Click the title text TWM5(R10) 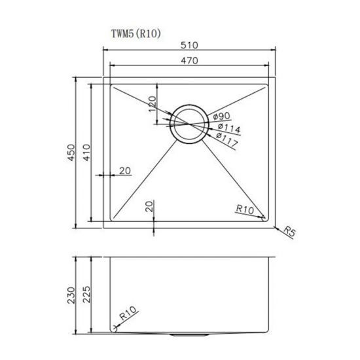pyautogui.click(x=133, y=32)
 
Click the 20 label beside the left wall pyautogui.click(x=125, y=171)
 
